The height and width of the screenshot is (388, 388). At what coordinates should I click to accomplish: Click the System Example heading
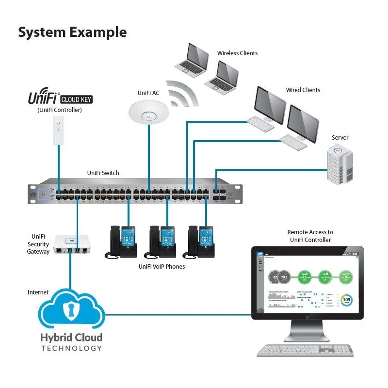pos(72,32)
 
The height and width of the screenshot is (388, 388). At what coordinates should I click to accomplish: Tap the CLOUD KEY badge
pos(76,100)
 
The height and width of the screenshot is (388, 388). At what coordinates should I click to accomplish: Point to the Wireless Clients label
pos(237,53)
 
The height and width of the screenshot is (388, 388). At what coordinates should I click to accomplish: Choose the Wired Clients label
pos(303,90)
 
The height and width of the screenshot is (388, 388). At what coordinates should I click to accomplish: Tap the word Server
pos(340,138)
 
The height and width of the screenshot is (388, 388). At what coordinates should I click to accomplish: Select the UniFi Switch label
pos(103,173)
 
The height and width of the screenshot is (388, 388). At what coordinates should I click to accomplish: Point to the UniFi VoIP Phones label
pos(162,266)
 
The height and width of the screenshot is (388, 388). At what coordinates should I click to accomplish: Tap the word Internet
pos(38,292)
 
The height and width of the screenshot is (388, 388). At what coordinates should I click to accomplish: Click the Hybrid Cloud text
pos(71,338)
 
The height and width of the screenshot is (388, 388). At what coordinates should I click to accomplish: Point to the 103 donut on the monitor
pos(347,300)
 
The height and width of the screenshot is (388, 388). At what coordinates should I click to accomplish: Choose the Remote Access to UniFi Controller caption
pos(310,236)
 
